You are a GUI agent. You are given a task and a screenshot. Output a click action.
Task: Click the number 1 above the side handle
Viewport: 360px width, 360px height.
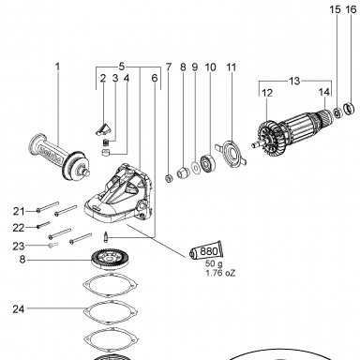(x=57, y=67)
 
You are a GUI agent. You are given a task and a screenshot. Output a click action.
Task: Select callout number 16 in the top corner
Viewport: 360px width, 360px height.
(x=351, y=9)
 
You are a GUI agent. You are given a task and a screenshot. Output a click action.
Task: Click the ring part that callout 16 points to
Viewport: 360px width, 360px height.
(x=350, y=109)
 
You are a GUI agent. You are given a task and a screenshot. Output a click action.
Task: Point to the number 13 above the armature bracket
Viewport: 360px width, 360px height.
(x=294, y=82)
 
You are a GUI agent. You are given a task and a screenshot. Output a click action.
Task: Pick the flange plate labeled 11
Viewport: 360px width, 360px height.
(x=232, y=154)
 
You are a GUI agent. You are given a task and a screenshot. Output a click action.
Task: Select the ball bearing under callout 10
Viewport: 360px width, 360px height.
(x=207, y=162)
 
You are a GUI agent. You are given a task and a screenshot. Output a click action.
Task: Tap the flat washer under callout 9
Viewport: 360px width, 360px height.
(x=196, y=169)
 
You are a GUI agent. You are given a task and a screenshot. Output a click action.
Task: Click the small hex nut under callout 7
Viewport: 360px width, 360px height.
(x=169, y=178)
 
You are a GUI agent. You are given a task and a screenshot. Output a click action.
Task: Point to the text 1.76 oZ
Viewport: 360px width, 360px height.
(x=220, y=273)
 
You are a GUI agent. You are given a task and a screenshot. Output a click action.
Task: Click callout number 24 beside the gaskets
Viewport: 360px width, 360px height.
(x=19, y=309)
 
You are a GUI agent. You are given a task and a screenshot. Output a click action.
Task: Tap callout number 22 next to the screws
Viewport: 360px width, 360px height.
(x=19, y=228)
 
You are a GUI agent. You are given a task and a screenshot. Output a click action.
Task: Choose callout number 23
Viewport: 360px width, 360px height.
(x=19, y=247)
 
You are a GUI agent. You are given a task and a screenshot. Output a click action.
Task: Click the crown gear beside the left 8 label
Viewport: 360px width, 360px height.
(x=110, y=259)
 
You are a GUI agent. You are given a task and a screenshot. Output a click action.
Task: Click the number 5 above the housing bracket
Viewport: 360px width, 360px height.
(x=122, y=67)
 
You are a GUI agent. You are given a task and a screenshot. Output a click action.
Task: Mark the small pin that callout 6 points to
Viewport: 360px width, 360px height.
(x=106, y=236)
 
